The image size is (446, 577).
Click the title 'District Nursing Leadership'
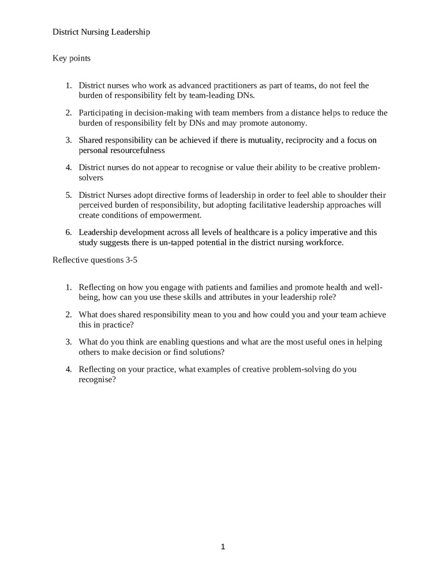pyautogui.click(x=101, y=32)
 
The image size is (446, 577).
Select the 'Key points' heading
pyautogui.click(x=72, y=58)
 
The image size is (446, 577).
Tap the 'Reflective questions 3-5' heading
pyautogui.click(x=95, y=260)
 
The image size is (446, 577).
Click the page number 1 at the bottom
pyautogui.click(x=223, y=547)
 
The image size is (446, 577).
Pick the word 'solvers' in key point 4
pyautogui.click(x=91, y=178)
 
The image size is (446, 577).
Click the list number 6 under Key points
pyautogui.click(x=68, y=233)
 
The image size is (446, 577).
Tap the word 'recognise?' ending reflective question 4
pyautogui.click(x=98, y=380)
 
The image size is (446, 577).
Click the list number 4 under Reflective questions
pyautogui.click(x=68, y=369)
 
